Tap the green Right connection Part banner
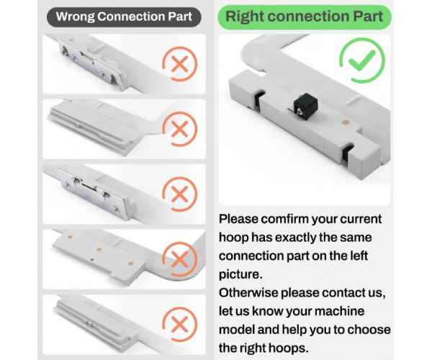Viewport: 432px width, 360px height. [304, 17]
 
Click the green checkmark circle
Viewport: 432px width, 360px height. [361, 60]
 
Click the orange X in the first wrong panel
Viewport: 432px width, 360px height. [179, 63]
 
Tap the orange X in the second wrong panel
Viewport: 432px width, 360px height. [179, 129]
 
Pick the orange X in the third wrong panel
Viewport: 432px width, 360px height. [179, 194]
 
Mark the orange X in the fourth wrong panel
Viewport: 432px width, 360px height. [179, 259]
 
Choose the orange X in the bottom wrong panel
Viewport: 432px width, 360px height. [179, 325]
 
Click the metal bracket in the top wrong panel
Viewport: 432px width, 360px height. [91, 65]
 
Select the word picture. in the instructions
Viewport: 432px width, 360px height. [240, 274]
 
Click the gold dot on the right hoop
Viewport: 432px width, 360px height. [345, 122]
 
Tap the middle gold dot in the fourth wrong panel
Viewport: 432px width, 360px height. [99, 250]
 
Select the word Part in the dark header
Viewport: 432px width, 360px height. [180, 17]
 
